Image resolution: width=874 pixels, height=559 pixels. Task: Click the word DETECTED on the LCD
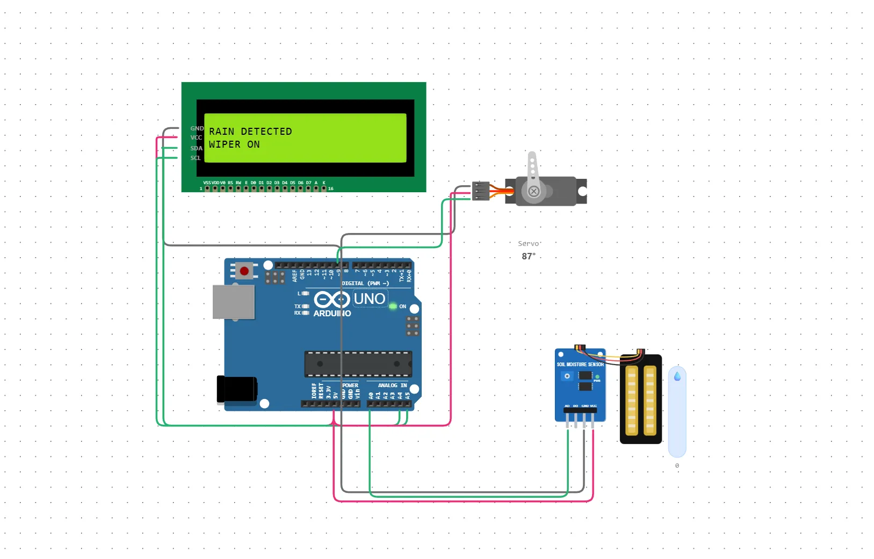(x=266, y=132)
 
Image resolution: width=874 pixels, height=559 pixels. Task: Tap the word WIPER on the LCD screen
(x=225, y=144)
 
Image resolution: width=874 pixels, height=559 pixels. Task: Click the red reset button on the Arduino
(x=244, y=271)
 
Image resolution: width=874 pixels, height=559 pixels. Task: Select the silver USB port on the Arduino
(x=234, y=302)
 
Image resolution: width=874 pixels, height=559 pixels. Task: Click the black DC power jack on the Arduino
(x=236, y=389)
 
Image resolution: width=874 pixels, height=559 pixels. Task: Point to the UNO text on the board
(x=370, y=299)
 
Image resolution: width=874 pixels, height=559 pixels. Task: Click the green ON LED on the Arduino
(x=393, y=306)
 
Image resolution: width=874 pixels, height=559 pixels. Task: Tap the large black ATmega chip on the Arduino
(x=358, y=364)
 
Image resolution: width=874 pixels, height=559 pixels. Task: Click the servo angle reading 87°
(x=529, y=257)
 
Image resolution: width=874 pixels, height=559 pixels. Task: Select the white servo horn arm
(x=532, y=169)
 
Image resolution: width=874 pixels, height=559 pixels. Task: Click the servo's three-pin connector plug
(x=481, y=191)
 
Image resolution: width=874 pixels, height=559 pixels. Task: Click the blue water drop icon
(x=677, y=376)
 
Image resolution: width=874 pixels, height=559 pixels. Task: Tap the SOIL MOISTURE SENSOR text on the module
(x=580, y=365)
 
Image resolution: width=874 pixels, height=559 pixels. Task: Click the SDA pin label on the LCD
(x=196, y=149)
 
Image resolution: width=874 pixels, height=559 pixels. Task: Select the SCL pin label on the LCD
(x=196, y=158)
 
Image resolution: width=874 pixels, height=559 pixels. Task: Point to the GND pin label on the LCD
(x=197, y=129)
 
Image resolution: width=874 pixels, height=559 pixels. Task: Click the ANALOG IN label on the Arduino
(x=392, y=386)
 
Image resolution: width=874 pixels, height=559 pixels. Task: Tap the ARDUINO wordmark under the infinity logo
(x=332, y=314)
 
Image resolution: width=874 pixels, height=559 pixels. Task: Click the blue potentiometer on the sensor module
(x=567, y=376)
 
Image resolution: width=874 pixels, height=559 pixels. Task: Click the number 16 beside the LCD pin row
(x=331, y=189)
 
